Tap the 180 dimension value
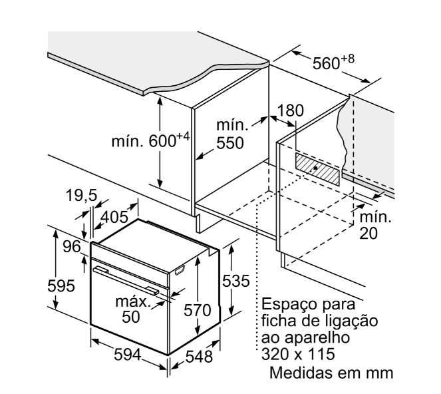coord(290,110)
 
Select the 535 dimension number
coord(237,280)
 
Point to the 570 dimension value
coord(197,309)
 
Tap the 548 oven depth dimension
coord(198,357)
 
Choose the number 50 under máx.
coord(131,317)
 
